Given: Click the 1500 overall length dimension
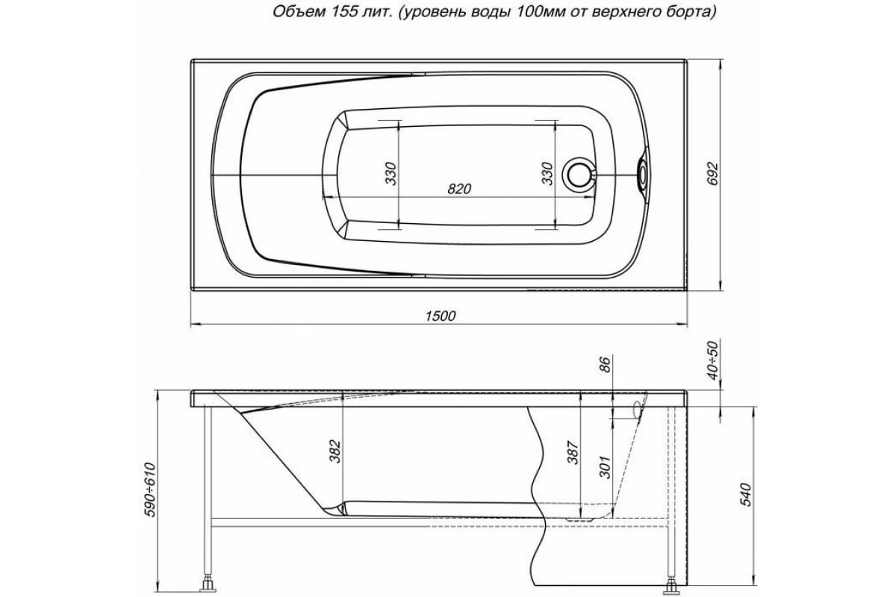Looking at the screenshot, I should (441, 316).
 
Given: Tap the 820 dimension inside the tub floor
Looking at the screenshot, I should (459, 190).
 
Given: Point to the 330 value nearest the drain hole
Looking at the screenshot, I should (547, 174).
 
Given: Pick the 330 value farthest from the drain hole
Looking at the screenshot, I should (390, 174).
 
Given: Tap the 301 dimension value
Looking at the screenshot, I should (605, 466).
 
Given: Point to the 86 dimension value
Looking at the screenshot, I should (605, 365).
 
